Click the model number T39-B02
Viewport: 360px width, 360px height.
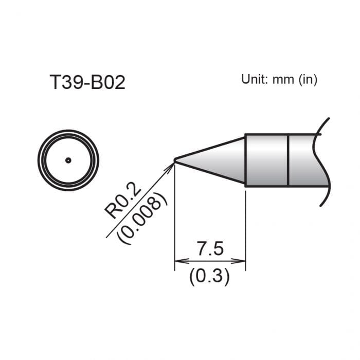click(x=87, y=82)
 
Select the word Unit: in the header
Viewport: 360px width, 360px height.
click(x=255, y=80)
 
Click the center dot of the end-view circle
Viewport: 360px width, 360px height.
click(x=68, y=160)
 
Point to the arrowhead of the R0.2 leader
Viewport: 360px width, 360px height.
click(x=172, y=166)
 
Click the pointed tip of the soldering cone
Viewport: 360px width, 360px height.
click(x=175, y=160)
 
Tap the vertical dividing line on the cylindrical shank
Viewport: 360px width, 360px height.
click(x=288, y=160)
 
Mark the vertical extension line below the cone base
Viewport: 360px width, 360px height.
click(x=245, y=226)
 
